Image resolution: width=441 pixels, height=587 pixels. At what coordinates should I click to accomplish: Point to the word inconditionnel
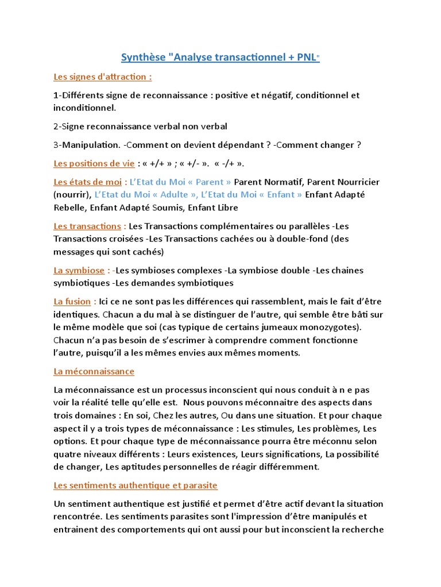83,107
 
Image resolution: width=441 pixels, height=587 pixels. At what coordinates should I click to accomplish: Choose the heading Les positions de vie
94,163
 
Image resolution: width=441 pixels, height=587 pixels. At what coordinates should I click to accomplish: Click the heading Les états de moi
87,182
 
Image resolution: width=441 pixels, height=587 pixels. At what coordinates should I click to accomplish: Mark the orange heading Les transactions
87,226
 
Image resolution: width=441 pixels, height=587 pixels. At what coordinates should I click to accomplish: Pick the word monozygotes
331,327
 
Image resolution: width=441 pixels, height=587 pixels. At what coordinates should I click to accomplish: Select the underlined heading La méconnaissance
94,371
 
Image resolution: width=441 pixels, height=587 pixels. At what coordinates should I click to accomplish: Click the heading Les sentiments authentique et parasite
135,485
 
